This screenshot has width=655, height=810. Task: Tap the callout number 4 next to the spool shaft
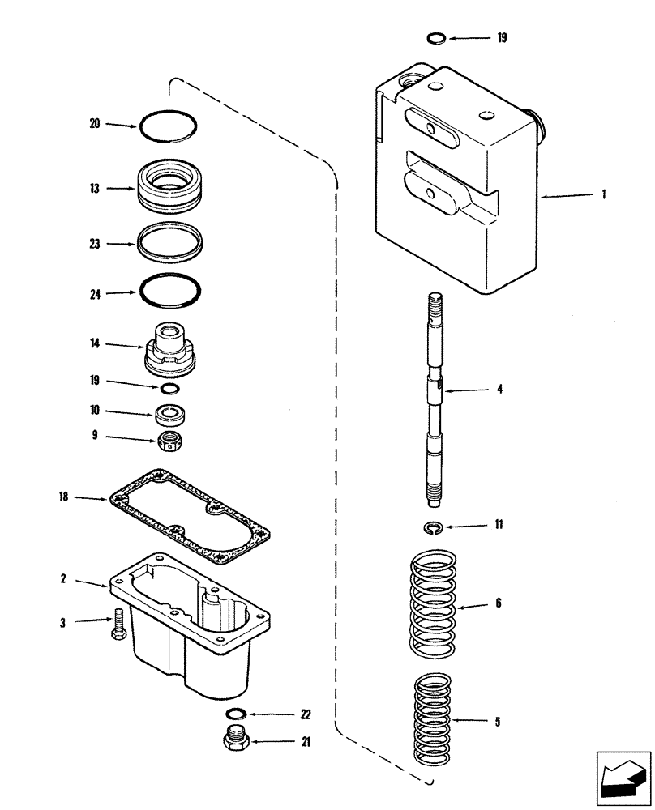pos(499,390)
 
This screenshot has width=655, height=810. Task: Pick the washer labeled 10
pos(169,415)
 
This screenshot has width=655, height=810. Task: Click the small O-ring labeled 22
pos(237,714)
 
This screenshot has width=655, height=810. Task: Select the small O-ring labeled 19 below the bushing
pos(169,390)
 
